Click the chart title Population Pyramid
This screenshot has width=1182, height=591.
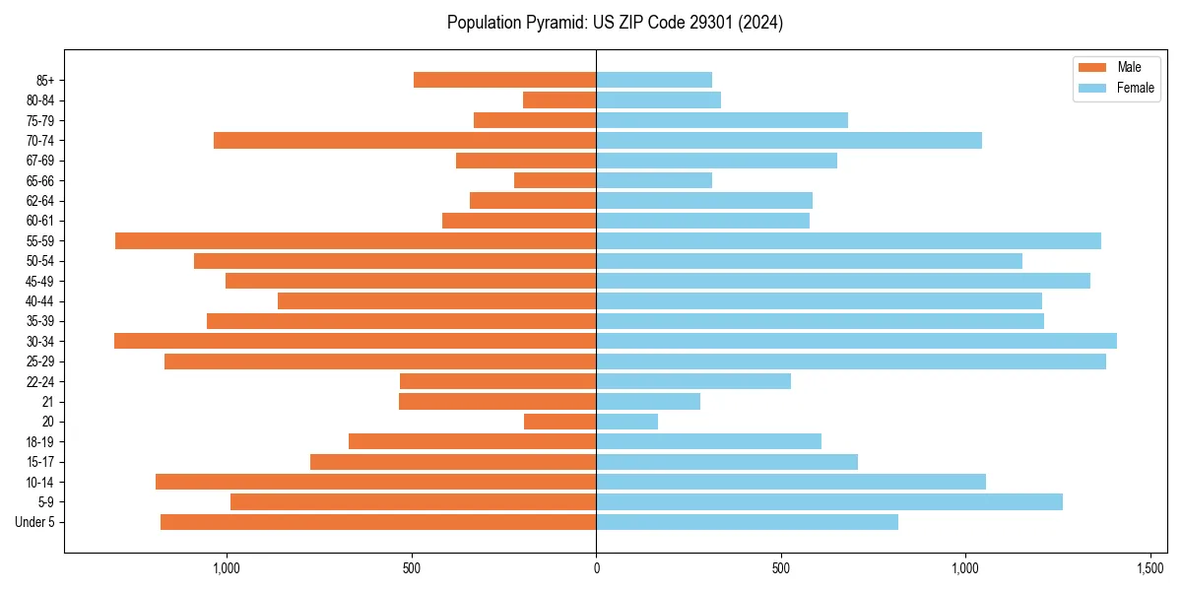(x=615, y=23)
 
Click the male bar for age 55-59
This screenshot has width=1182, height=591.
(x=356, y=240)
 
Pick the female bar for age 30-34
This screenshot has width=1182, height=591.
(x=856, y=341)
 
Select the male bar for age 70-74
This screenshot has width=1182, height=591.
(x=405, y=140)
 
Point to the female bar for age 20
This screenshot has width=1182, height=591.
(x=626, y=422)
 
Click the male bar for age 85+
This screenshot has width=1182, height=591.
(x=504, y=80)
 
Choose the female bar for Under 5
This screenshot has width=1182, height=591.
(x=747, y=522)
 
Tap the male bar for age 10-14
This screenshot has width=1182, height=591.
(x=375, y=482)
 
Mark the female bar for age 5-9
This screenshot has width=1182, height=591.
(x=829, y=501)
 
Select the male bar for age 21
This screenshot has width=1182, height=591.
(x=497, y=401)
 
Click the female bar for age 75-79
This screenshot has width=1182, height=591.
(x=722, y=120)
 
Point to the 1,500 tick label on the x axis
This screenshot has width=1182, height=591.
(x=1150, y=568)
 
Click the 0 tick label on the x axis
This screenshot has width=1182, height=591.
(x=596, y=568)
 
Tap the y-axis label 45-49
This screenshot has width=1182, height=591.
(x=39, y=281)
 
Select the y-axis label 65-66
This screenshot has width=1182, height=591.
(x=39, y=180)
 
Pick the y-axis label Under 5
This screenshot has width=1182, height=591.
(x=34, y=522)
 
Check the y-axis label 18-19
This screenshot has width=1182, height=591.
(x=39, y=441)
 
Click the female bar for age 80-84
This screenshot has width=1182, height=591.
(x=658, y=99)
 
